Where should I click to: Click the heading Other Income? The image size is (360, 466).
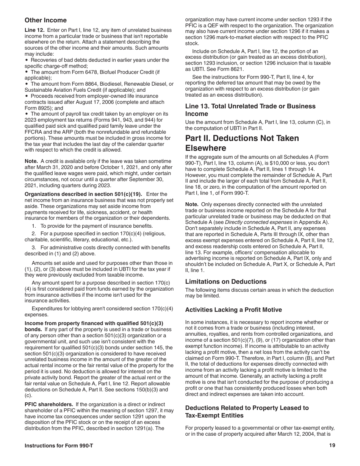pos(45,20)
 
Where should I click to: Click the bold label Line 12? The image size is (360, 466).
pos(34,30)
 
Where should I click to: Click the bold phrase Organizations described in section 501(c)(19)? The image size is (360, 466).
pos(83,194)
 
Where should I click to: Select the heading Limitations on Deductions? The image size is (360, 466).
pos(225,281)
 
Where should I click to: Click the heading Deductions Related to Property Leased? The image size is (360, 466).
pos(247,411)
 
